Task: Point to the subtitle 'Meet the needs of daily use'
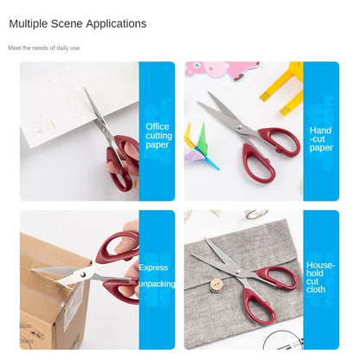tap(44, 48)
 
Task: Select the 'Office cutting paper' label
tap(157, 136)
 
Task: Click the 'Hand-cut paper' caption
tap(321, 138)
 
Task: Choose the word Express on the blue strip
tap(153, 267)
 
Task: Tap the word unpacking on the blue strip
tap(156, 283)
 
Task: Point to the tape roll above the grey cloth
tap(254, 215)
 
